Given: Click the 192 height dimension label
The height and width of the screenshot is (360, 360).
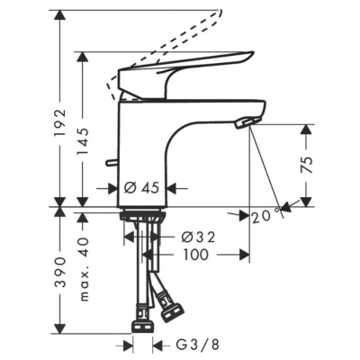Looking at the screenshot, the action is coord(59,123).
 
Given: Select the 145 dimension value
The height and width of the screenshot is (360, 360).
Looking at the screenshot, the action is coord(83,142).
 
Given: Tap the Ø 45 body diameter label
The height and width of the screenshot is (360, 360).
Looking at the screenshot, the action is coord(141,188).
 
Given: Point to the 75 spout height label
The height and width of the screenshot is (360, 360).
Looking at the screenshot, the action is coord(307,165).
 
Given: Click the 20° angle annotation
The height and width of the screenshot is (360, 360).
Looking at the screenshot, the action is coord(266,217).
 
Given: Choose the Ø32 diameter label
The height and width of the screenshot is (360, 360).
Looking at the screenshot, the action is coord(199,238).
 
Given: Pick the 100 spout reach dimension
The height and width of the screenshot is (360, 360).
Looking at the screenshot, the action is coord(195,255).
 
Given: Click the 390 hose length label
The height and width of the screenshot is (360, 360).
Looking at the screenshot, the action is coord(61,272).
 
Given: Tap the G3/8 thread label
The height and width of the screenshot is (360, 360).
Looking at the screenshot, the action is coord(197,345).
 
